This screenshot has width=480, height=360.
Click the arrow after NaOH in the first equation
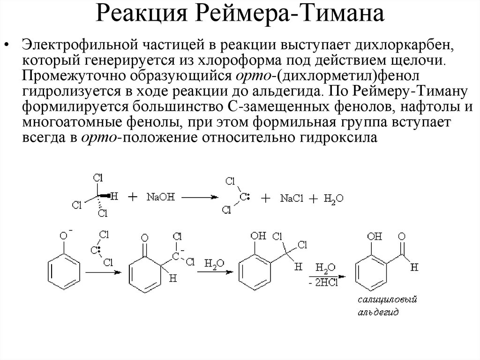197,198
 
